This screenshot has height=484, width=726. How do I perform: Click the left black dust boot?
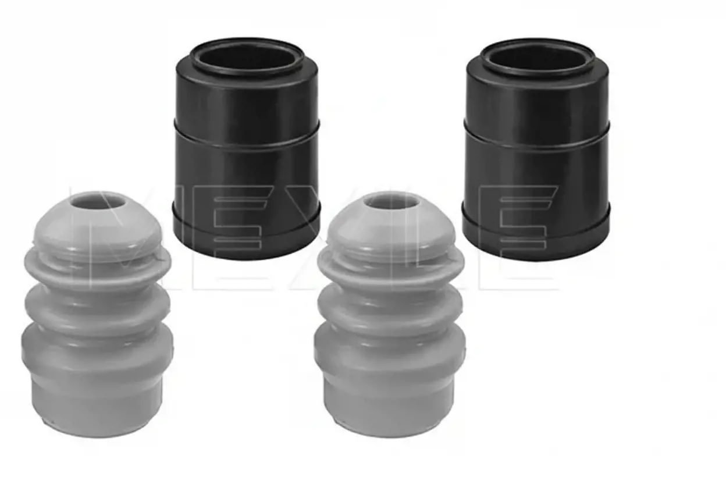tap(247, 149)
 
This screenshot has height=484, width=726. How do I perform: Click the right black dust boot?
tap(536, 149)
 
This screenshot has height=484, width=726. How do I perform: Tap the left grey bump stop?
tap(97, 315)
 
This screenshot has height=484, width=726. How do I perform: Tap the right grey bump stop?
tap(390, 315)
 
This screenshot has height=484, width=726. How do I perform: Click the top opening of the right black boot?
tap(538, 58)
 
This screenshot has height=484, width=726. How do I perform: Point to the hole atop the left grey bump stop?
tap(98, 203)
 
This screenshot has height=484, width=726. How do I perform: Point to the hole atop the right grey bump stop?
tap(391, 203)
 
